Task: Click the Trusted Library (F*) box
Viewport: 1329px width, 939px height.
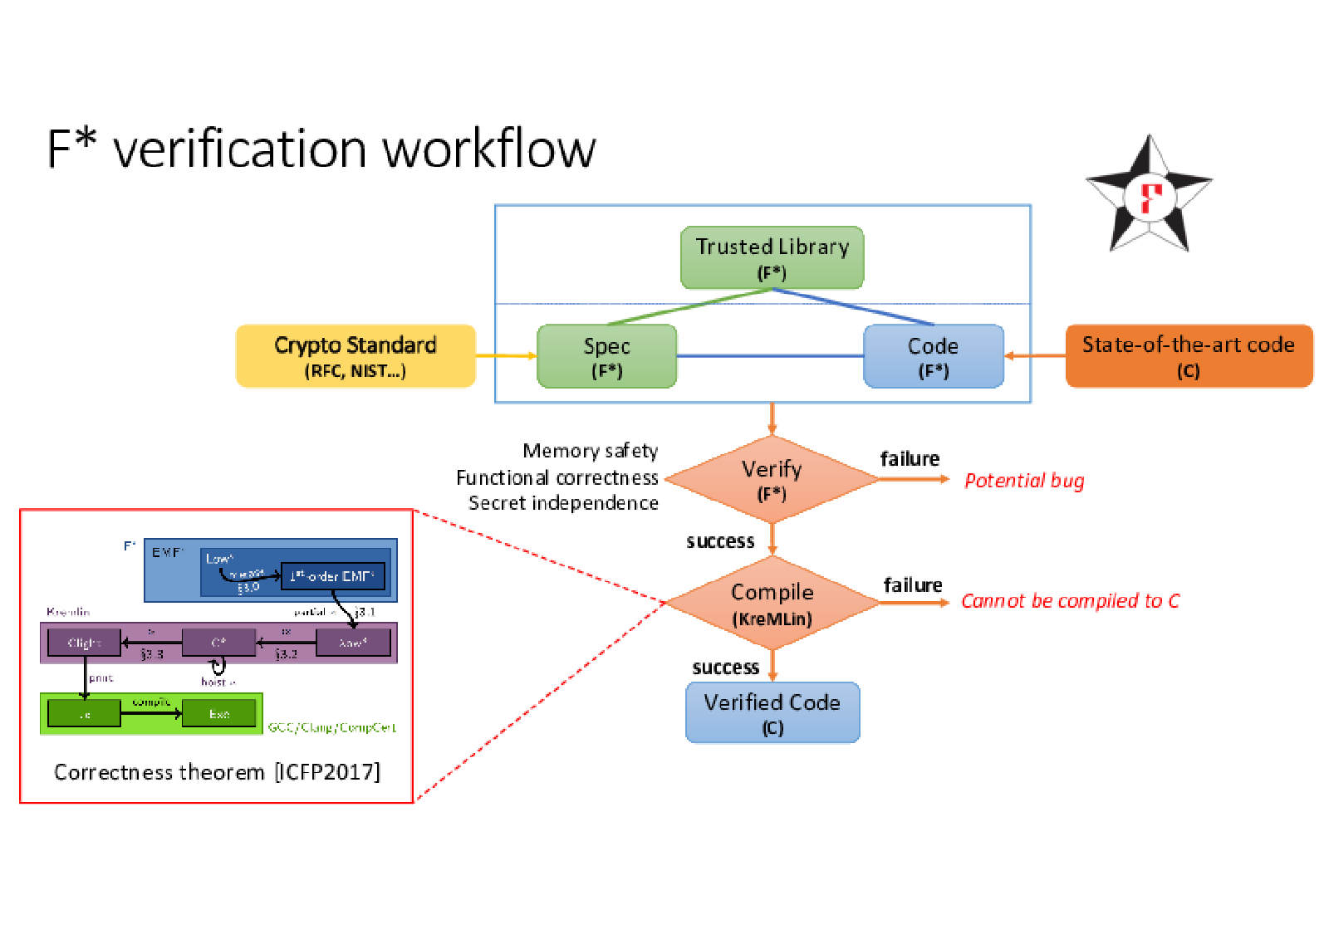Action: [772, 257]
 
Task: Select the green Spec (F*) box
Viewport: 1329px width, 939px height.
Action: [606, 356]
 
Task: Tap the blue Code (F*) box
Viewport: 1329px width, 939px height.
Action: [933, 356]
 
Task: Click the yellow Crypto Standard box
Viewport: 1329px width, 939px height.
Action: [356, 356]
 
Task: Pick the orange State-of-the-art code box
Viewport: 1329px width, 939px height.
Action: [1188, 356]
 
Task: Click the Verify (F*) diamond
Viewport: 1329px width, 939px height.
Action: [772, 479]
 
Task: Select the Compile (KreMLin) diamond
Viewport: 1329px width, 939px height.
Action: [772, 603]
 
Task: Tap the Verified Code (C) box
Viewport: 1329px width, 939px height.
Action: [772, 712]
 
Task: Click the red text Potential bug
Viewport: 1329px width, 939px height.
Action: [1023, 481]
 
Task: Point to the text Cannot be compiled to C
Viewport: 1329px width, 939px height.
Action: [1070, 601]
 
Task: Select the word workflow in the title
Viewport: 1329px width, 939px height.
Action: [488, 149]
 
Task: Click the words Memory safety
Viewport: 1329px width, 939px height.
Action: [590, 451]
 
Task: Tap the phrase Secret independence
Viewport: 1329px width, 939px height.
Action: [563, 503]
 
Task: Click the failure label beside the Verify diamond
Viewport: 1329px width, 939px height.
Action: [910, 459]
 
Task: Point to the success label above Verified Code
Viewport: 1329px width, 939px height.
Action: [725, 668]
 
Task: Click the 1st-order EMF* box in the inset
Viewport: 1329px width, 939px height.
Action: [332, 575]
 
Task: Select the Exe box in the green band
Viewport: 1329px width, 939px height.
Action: [218, 714]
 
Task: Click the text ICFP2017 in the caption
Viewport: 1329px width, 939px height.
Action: [327, 772]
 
